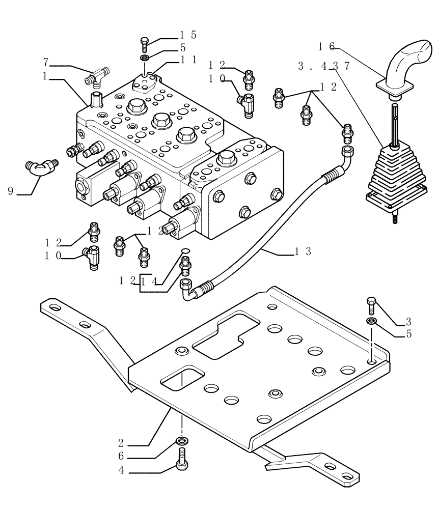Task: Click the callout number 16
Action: pyautogui.click(x=326, y=46)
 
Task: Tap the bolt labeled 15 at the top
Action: pyautogui.click(x=145, y=44)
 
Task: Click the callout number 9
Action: pyautogui.click(x=10, y=191)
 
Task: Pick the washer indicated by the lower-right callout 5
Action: pyautogui.click(x=371, y=321)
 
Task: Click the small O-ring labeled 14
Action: pyautogui.click(x=185, y=250)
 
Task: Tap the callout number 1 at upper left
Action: pyautogui.click(x=45, y=76)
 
